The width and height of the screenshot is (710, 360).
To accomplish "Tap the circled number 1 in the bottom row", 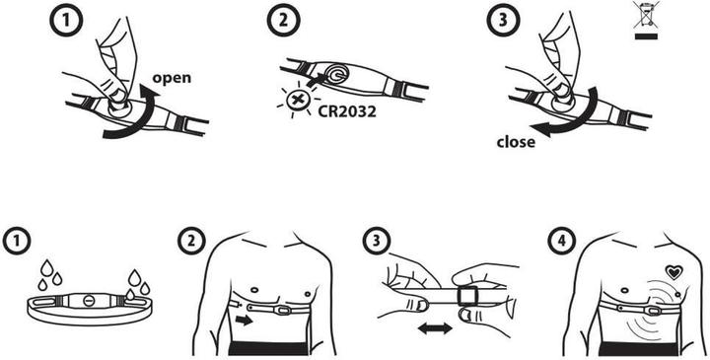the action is pyautogui.click(x=16, y=240).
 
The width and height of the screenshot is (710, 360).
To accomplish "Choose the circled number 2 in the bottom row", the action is pyautogui.click(x=190, y=240).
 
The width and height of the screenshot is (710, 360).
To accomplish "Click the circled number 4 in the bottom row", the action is pyautogui.click(x=559, y=240).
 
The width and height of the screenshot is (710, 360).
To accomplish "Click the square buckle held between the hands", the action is pyautogui.click(x=465, y=294).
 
